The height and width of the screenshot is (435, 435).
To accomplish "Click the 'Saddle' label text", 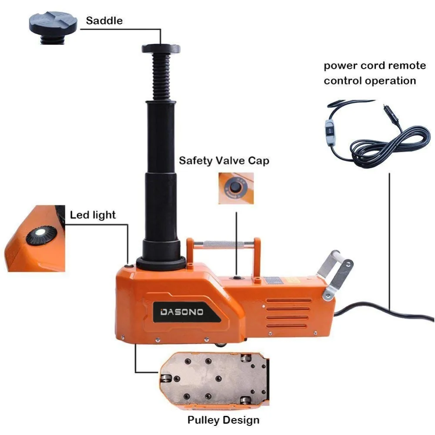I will tap(104, 20).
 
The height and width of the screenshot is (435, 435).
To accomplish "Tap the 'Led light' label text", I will tap(93, 214).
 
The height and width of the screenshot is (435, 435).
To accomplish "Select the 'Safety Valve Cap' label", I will tap(224, 161).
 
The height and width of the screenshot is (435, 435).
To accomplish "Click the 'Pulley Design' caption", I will tap(223, 420).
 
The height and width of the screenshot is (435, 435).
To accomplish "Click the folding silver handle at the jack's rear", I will tap(335, 272).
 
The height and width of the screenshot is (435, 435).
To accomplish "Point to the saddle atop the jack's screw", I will tap(161, 48).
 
